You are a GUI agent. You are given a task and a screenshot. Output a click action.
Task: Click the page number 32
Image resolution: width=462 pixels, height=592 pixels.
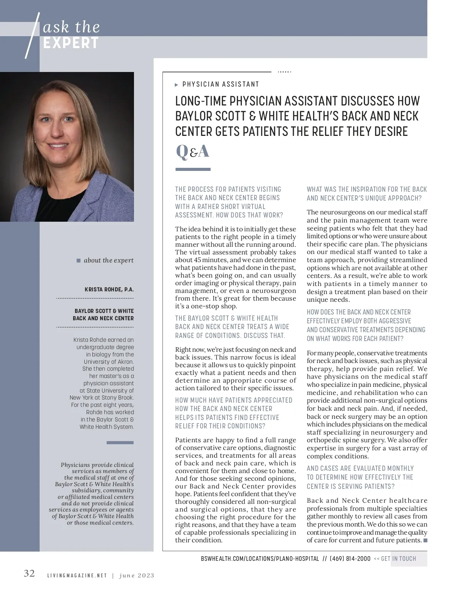point(29,574)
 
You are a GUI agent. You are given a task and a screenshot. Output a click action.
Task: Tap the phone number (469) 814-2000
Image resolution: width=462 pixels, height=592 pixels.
point(350,559)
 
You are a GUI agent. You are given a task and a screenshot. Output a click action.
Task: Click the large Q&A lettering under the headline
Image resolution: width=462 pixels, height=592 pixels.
point(192,151)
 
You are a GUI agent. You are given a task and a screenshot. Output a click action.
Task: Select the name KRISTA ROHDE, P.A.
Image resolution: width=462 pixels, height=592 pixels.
point(109,289)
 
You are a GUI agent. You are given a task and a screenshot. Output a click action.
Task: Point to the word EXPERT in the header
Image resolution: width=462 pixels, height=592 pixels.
point(71,43)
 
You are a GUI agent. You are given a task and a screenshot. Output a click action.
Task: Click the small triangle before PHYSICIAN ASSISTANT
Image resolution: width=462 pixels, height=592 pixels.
point(177,85)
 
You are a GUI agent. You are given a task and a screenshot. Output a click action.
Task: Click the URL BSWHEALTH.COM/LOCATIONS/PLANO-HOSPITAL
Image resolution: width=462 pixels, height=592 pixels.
point(260,559)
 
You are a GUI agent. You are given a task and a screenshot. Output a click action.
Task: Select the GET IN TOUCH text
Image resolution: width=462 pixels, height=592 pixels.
point(398,559)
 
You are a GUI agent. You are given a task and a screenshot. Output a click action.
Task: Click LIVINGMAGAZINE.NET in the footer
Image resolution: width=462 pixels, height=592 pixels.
point(77,576)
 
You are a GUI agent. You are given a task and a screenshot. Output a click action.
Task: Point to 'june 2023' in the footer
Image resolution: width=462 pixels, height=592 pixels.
point(137,576)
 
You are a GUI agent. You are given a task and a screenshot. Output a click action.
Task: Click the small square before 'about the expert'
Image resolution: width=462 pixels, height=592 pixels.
point(79,261)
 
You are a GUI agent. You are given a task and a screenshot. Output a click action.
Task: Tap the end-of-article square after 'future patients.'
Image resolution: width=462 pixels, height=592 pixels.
point(425,540)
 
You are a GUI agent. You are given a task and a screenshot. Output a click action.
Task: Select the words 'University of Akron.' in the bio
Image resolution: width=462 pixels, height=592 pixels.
point(109,362)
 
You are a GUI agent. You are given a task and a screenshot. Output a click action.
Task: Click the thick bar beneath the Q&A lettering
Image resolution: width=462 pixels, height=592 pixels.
point(193,169)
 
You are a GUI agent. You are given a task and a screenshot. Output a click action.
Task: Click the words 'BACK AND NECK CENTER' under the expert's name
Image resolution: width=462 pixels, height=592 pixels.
point(103,318)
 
